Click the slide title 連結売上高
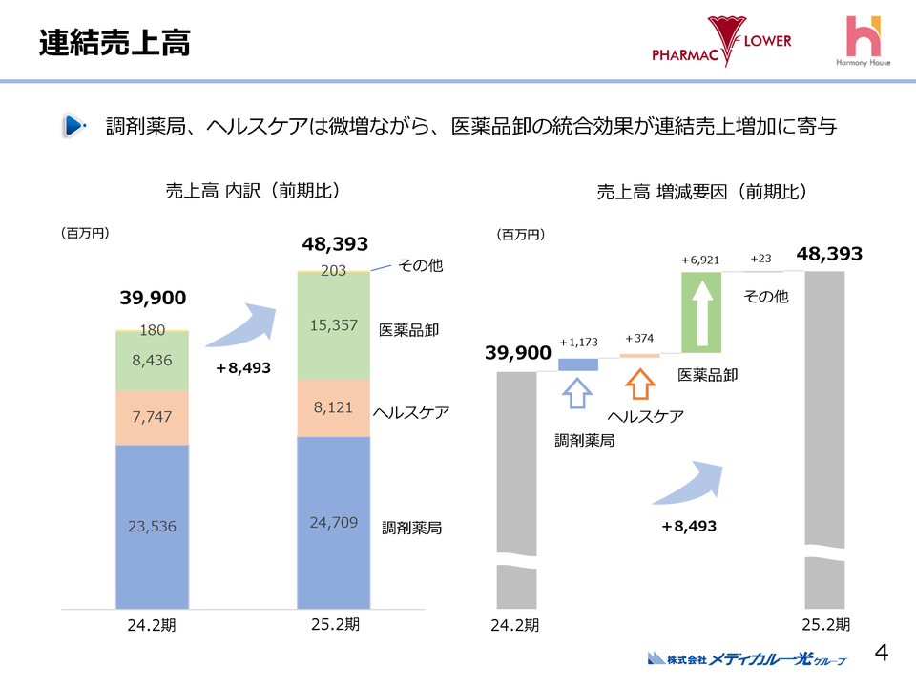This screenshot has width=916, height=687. pyautogui.click(x=114, y=43)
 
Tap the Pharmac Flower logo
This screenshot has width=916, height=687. pyautogui.click(x=721, y=42)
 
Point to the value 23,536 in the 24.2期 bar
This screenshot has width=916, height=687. pyautogui.click(x=152, y=526)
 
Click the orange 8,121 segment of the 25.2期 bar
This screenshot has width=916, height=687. pyautogui.click(x=333, y=407)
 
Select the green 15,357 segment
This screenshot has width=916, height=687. pyautogui.click(x=333, y=325)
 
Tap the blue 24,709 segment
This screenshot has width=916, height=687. pyautogui.click(x=333, y=522)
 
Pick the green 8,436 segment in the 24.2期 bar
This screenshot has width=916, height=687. pyautogui.click(x=152, y=361)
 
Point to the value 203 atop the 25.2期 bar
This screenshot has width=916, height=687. pyautogui.click(x=333, y=271)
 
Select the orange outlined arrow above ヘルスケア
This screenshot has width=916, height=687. pyautogui.click(x=639, y=387)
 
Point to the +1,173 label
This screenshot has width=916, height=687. pyautogui.click(x=578, y=343)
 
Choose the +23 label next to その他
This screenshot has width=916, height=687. pyautogui.click(x=760, y=259)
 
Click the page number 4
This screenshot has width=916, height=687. pyautogui.click(x=882, y=653)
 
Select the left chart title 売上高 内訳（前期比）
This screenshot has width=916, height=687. pyautogui.click(x=252, y=191)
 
